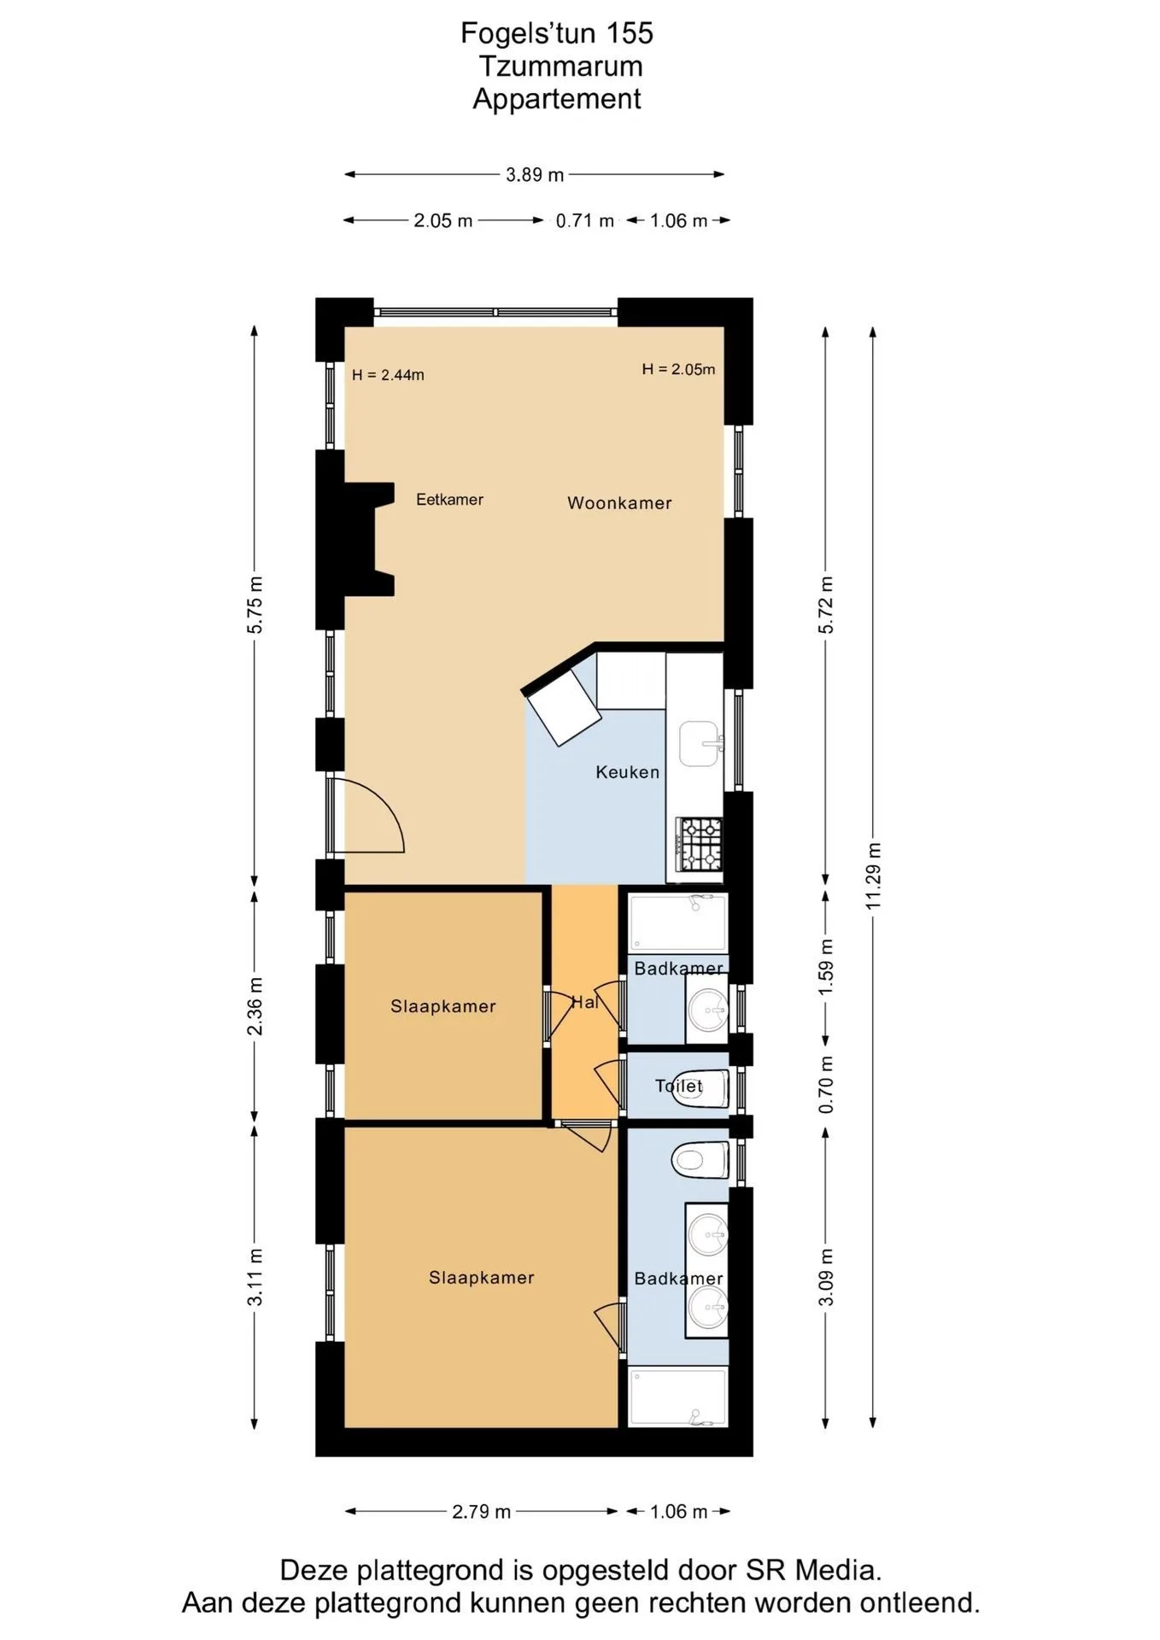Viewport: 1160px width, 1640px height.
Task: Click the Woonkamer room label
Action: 619,503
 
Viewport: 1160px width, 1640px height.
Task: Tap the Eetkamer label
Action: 449,500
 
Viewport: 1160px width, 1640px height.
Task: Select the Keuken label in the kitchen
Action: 627,772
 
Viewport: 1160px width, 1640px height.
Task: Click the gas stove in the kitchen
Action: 700,844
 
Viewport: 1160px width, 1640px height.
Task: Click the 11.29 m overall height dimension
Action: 873,876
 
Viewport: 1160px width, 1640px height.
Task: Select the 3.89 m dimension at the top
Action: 535,175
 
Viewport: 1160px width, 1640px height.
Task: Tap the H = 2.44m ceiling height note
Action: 388,375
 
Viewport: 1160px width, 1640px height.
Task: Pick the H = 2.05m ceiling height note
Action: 678,369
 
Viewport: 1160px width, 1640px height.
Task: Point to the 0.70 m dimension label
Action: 826,1084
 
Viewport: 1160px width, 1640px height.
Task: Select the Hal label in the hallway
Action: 584,1002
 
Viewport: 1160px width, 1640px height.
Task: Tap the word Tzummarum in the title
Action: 560,66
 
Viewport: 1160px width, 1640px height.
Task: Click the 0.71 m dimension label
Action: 584,221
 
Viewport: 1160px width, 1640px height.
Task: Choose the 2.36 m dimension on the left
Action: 255,1006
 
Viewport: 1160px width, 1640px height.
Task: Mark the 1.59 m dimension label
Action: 826,966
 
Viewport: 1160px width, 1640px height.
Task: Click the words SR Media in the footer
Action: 811,1570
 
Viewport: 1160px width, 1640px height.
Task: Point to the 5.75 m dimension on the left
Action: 255,605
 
